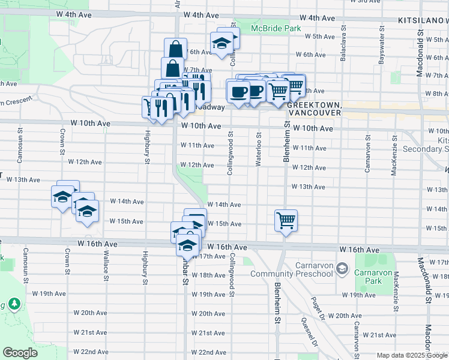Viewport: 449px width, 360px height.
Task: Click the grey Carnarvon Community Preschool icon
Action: [342, 267]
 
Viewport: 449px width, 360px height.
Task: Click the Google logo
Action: [20, 352]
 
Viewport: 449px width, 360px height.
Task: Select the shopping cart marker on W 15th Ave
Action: [286, 220]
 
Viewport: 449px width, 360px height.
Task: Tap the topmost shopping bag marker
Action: [175, 49]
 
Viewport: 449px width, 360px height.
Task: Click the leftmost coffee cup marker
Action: [238, 92]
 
